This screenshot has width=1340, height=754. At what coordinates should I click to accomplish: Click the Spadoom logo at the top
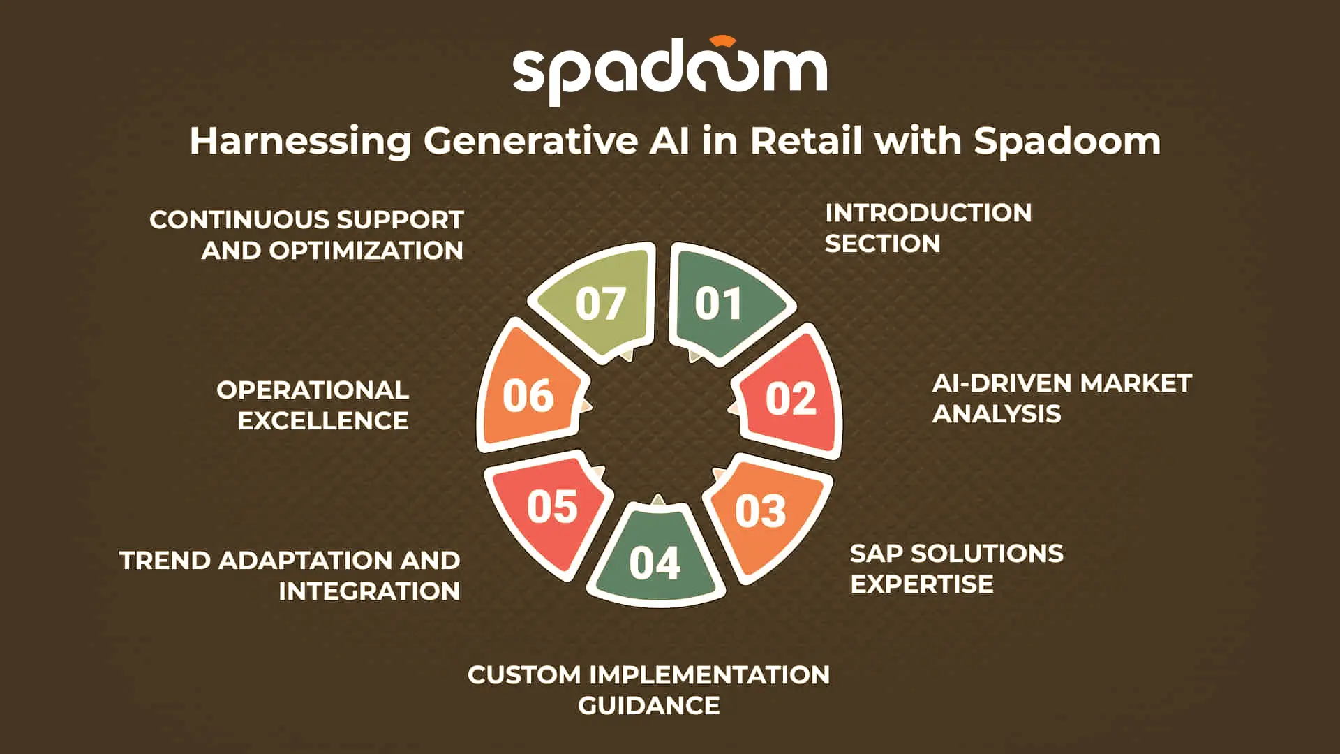click(670, 71)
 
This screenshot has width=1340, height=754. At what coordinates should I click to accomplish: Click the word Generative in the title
click(530, 141)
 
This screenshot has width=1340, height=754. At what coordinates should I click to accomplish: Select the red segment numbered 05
click(549, 510)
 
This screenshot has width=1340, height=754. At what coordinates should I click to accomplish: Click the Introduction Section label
click(928, 228)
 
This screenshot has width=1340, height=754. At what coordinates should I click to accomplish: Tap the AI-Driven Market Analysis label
click(1062, 398)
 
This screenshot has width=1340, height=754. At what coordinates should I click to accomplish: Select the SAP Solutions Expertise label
click(956, 568)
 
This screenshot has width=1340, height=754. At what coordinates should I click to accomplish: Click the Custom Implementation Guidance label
click(648, 690)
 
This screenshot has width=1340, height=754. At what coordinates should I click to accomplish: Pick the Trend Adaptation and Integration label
click(290, 575)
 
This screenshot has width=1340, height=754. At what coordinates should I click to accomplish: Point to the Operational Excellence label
click(313, 405)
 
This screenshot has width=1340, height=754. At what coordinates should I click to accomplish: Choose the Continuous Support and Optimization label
click(306, 235)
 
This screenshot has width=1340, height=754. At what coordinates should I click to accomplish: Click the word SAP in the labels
click(876, 554)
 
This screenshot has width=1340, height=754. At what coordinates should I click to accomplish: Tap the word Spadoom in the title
click(1067, 142)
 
